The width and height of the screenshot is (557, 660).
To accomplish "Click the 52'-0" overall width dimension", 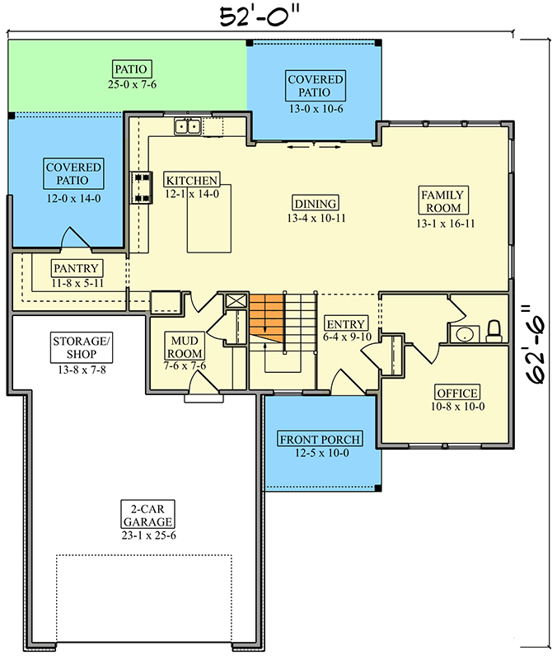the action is pyautogui.click(x=261, y=16).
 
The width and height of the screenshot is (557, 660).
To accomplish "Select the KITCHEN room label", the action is pyautogui.click(x=192, y=180).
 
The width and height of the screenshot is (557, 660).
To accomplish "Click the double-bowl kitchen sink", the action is pyautogui.click(x=188, y=126).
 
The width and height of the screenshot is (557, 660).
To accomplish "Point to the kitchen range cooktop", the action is pyautogui.click(x=141, y=187).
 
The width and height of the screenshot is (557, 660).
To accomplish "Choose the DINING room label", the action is pyautogui.click(x=316, y=203).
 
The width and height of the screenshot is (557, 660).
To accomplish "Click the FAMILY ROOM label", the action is pyautogui.click(x=443, y=201).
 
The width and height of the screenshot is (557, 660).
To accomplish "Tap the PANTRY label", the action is pyautogui.click(x=76, y=268).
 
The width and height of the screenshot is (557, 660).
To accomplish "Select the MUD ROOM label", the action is pyautogui.click(x=184, y=346).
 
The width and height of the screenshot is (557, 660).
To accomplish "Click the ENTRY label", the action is pyautogui.click(x=346, y=323).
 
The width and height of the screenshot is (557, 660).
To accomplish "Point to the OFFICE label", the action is pyautogui.click(x=457, y=393).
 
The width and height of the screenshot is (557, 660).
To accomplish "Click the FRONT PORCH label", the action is pyautogui.click(x=320, y=439).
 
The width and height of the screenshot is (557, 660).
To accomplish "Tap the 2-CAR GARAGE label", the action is pyautogui.click(x=147, y=515).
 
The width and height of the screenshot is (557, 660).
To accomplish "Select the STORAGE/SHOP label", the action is pyautogui.click(x=82, y=347).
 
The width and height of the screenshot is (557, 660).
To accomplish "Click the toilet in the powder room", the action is pyautogui.click(x=494, y=332).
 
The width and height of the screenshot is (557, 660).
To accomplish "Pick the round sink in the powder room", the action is pyautogui.click(x=465, y=335).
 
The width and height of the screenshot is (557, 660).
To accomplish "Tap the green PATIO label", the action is pyautogui.click(x=131, y=68).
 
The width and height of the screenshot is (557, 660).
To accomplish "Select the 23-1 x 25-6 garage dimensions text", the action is pyautogui.click(x=148, y=535).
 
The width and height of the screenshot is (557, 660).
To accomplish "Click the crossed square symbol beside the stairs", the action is pyautogui.click(x=236, y=301).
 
